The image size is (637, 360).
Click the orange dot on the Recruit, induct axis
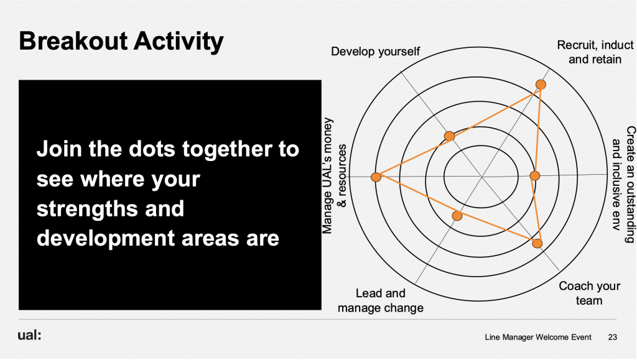click(x=541, y=85)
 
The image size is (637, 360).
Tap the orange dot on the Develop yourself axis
click(x=449, y=136)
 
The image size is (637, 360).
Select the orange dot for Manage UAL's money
click(x=376, y=177)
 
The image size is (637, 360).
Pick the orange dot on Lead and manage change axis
click(x=457, y=216)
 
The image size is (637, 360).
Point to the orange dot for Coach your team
click(x=537, y=244)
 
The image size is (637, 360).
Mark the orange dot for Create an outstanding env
click(x=534, y=175)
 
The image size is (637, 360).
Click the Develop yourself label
click(x=375, y=52)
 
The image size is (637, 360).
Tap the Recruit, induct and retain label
click(x=595, y=52)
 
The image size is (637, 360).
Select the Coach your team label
click(x=590, y=293)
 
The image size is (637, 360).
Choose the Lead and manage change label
click(x=380, y=300)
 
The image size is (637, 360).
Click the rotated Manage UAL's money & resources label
click(x=334, y=176)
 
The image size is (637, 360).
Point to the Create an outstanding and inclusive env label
click(x=623, y=184)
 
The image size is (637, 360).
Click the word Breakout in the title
click(x=73, y=41)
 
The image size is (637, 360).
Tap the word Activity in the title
click(x=179, y=42)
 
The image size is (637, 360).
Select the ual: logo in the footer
click(x=29, y=335)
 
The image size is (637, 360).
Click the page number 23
click(x=612, y=337)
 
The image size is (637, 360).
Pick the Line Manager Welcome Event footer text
click(x=538, y=337)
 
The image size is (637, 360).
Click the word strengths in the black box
click(x=110, y=209)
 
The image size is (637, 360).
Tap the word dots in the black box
click(x=152, y=149)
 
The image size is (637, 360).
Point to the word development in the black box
click(x=106, y=239)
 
